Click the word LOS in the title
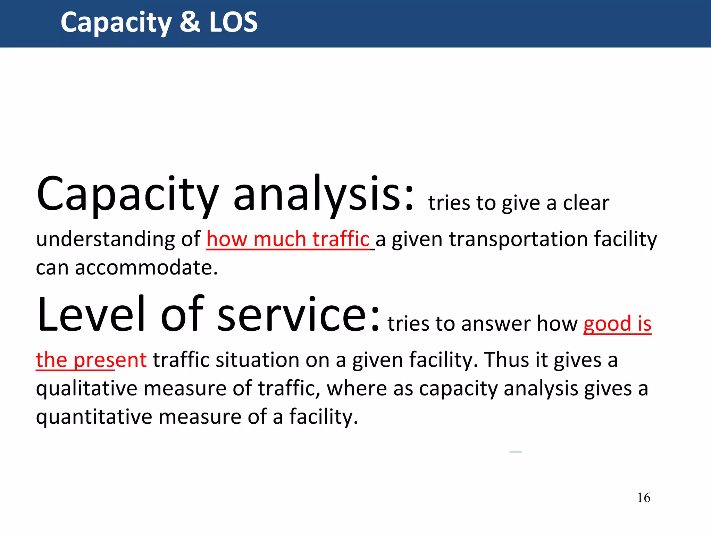coord(233,22)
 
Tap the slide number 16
coord(644,498)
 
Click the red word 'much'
coord(280,239)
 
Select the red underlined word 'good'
coord(607,324)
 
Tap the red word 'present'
coord(110,359)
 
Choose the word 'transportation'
coord(518,239)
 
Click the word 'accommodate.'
coord(146,268)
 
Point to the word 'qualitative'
coord(86,388)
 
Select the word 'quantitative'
coord(94,417)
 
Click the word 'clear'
coord(586,203)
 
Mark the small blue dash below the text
coord(516,451)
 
